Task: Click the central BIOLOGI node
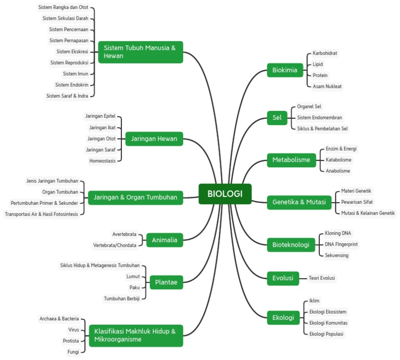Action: (224, 194)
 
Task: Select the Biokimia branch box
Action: (285, 70)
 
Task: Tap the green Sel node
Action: (277, 118)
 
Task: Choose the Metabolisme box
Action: (291, 159)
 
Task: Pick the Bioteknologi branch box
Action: (291, 244)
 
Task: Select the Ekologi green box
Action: (283, 317)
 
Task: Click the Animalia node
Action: (165, 240)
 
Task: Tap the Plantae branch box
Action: (166, 283)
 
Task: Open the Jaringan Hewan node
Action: (154, 139)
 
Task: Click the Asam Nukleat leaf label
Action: (327, 86)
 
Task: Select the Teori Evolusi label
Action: (322, 278)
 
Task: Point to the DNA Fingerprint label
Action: (341, 244)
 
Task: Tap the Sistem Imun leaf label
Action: (76, 73)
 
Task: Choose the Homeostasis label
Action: (102, 160)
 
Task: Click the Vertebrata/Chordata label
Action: (115, 245)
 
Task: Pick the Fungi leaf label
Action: (73, 352)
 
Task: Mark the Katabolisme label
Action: (339, 160)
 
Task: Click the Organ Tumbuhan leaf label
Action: (60, 192)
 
